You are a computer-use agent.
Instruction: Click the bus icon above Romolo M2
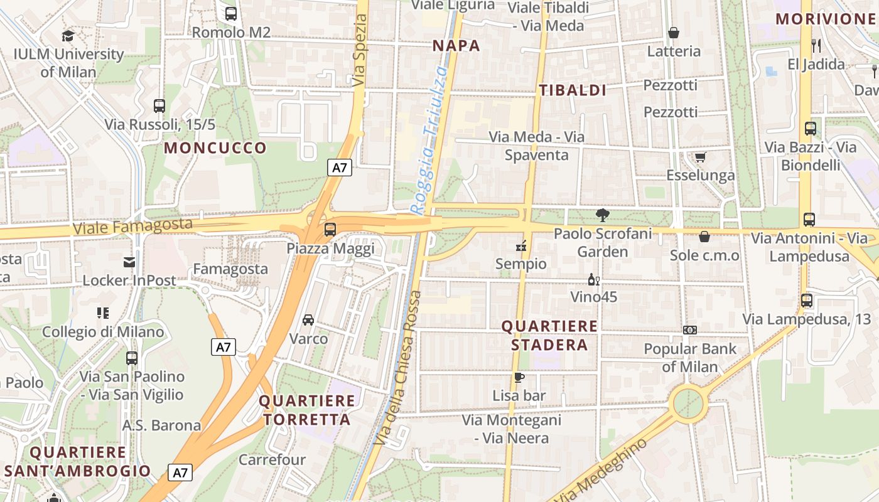pyautogui.click(x=231, y=13)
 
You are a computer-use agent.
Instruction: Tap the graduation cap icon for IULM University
pyautogui.click(x=68, y=36)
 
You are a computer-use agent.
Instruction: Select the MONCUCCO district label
pyautogui.click(x=215, y=148)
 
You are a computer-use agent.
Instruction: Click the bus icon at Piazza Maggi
pyautogui.click(x=330, y=230)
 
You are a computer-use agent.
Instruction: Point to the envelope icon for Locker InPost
pyautogui.click(x=129, y=262)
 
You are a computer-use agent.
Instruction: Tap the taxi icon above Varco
pyautogui.click(x=308, y=320)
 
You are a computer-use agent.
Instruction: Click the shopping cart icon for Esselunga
pyautogui.click(x=700, y=157)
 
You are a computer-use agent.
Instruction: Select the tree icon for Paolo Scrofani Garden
pyautogui.click(x=602, y=215)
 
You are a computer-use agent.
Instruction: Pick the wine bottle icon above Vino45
pyautogui.click(x=593, y=279)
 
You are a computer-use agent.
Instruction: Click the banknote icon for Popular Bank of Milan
pyautogui.click(x=689, y=330)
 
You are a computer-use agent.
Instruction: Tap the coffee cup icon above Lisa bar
pyautogui.click(x=519, y=377)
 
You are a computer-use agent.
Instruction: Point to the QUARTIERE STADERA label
pyautogui.click(x=549, y=335)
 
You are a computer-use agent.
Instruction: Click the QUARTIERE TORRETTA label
pyautogui.click(x=307, y=410)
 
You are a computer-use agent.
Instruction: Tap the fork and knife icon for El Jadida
pyautogui.click(x=816, y=45)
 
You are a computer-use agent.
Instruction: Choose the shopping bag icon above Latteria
pyautogui.click(x=674, y=33)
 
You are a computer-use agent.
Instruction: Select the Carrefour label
pyautogui.click(x=272, y=459)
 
